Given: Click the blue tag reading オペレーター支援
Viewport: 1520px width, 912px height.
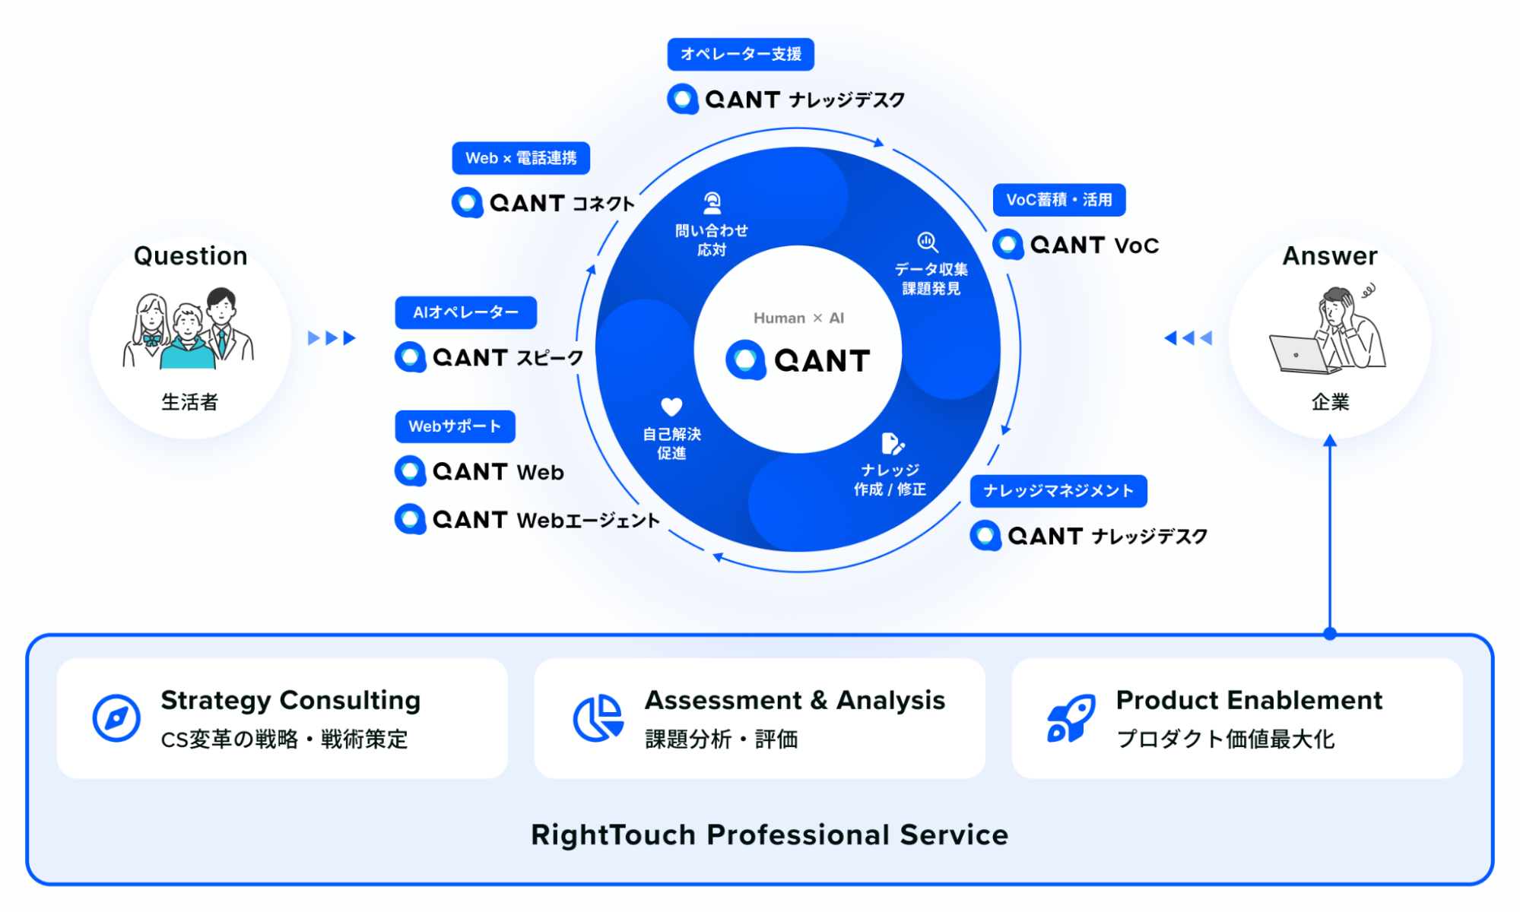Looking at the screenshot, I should pos(741,54).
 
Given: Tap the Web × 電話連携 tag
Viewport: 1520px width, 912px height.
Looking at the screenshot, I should pos(521,158).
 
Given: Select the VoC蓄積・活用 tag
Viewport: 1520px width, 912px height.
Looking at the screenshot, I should pos(1058,200).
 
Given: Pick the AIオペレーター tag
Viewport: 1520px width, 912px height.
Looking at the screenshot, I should pos(465,312).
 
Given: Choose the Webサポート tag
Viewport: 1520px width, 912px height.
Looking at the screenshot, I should pos(455,426).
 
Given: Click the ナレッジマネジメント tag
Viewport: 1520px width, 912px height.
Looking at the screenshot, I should pos(1058,491).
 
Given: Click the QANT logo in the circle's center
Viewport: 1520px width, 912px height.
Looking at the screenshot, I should pos(798,360).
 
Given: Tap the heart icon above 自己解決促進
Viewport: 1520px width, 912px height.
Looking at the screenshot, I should pos(671,407).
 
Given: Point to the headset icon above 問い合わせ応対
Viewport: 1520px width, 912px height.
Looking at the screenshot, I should pos(712,203).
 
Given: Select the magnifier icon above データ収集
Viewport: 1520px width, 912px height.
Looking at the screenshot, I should pos(927,242).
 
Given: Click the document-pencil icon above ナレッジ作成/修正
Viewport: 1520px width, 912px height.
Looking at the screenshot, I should pos(892,443).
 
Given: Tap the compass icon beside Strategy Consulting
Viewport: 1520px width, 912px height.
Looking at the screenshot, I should pos(116,717).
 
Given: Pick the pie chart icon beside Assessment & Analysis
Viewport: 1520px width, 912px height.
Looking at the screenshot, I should pos(598,717).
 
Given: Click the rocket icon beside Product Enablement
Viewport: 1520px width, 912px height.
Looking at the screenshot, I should pos(1071,717).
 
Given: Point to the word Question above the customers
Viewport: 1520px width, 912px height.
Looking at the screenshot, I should pos(191,256).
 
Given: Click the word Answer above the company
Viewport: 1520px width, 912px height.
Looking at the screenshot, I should pos(1330,256).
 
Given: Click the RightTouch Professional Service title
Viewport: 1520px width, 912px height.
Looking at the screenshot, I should pos(770,834).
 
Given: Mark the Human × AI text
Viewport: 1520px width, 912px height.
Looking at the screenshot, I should pos(798,318).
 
